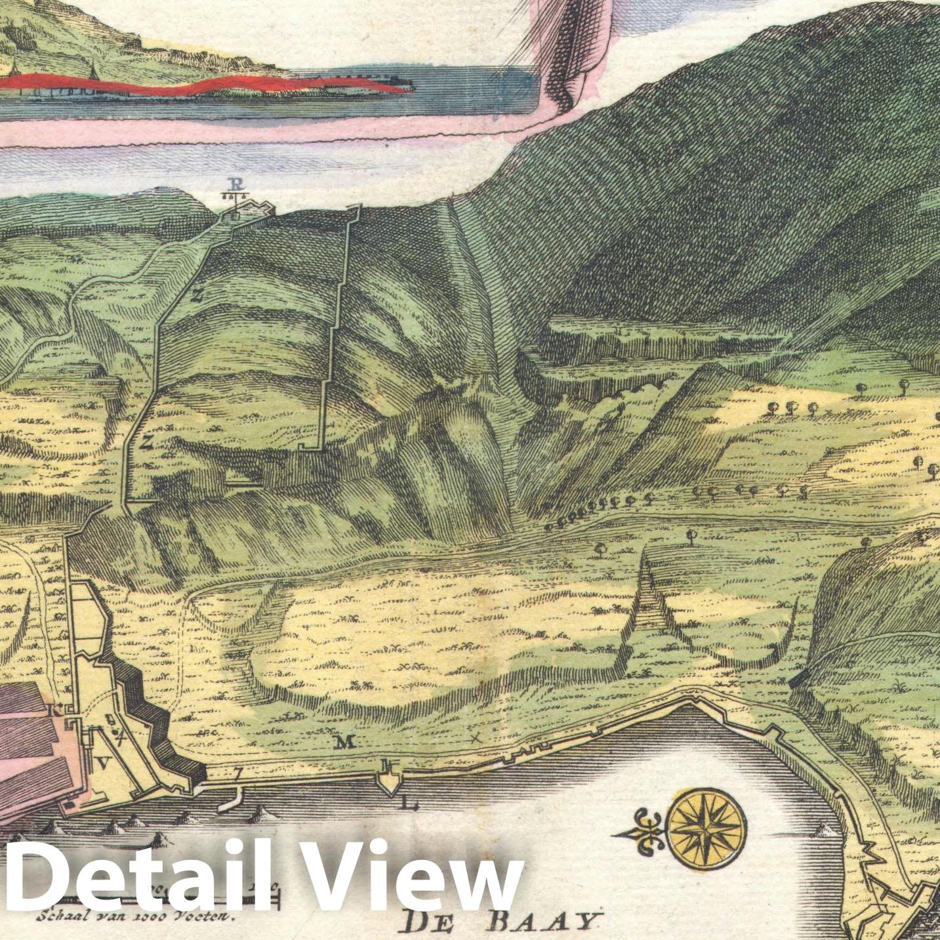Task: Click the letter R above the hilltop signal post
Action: coord(235,184)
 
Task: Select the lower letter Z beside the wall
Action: coord(146,442)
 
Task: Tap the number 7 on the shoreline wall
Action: coord(237,774)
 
